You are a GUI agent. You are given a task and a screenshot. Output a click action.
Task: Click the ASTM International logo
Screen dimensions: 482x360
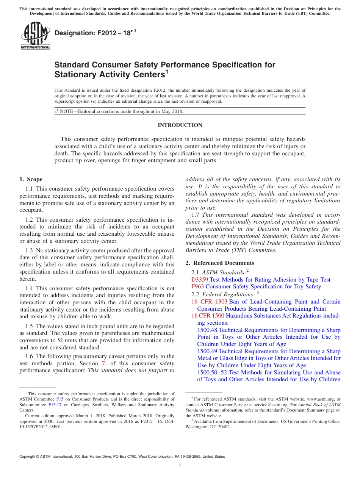pyautogui.click(x=35, y=36)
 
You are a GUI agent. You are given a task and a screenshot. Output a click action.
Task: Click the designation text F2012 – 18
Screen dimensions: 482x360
pyautogui.click(x=95, y=33)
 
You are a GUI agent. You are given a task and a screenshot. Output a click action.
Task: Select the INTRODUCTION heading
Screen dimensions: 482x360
pyautogui.click(x=180, y=125)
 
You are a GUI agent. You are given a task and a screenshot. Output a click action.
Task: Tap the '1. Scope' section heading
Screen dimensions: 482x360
pyautogui.click(x=31, y=179)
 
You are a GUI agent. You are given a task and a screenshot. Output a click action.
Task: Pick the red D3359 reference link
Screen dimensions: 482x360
pyautogui.click(x=200, y=280)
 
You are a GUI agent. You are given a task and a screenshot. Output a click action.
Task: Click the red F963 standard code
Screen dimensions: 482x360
pyautogui.click(x=197, y=286)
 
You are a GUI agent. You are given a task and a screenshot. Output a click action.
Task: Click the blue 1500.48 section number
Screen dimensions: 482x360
pyautogui.click(x=207, y=330)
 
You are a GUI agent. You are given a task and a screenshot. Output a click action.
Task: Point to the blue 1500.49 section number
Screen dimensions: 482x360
pyautogui.click(x=207, y=351)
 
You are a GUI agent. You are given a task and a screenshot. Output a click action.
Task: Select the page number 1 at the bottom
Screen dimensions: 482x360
pyautogui.click(x=180, y=466)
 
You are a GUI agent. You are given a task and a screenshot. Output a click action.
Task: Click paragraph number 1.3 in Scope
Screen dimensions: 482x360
pyautogui.click(x=29, y=250)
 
